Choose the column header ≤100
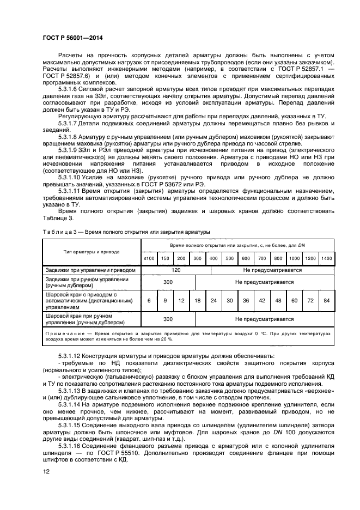click(x=149, y=258)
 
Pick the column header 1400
click(x=326, y=258)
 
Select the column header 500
click(x=229, y=258)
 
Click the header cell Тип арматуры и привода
click(x=91, y=252)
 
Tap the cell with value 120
click(x=176, y=270)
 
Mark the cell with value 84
click(x=326, y=300)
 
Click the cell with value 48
click(x=278, y=300)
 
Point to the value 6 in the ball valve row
click(x=149, y=300)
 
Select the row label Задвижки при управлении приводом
click(x=89, y=270)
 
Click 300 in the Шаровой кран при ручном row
click(x=168, y=319)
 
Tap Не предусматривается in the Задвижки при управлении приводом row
click(x=272, y=270)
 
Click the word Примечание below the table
click(x=65, y=332)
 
